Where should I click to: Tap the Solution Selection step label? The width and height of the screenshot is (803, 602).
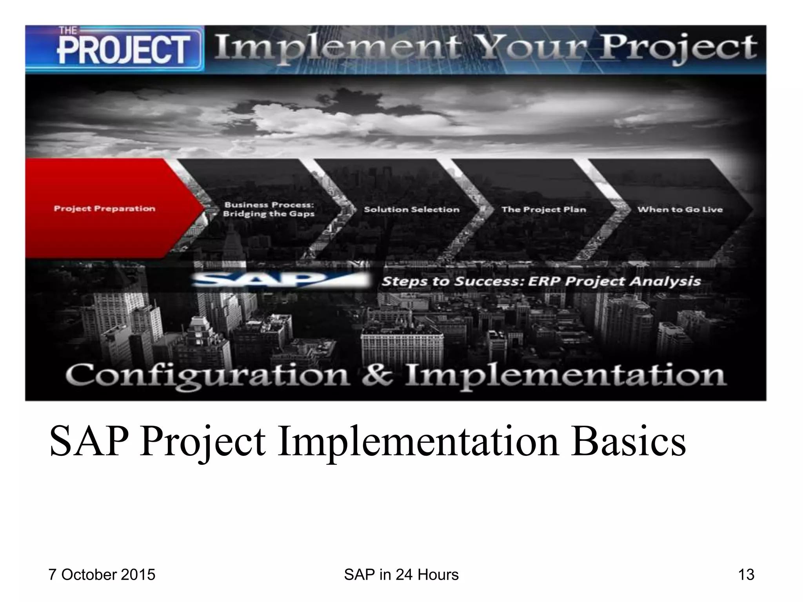click(411, 210)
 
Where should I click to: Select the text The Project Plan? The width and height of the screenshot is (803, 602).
click(543, 210)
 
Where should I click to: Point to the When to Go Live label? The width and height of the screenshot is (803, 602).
click(679, 210)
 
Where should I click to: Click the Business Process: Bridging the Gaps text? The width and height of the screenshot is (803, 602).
click(269, 209)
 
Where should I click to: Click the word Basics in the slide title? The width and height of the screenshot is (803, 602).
click(628, 442)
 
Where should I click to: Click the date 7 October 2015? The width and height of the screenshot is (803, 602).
click(102, 575)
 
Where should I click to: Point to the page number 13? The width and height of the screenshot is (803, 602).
click(746, 575)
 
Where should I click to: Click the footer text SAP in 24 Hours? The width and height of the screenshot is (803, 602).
click(401, 575)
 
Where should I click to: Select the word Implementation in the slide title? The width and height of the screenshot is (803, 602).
click(418, 442)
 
